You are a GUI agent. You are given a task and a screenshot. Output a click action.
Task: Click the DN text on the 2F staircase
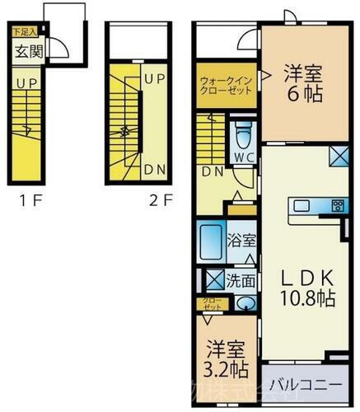154,170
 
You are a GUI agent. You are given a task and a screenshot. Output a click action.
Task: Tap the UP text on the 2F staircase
154,79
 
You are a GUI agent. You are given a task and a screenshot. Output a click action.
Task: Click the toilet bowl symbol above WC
244,133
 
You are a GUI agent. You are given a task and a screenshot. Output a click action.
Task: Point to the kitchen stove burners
337,205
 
